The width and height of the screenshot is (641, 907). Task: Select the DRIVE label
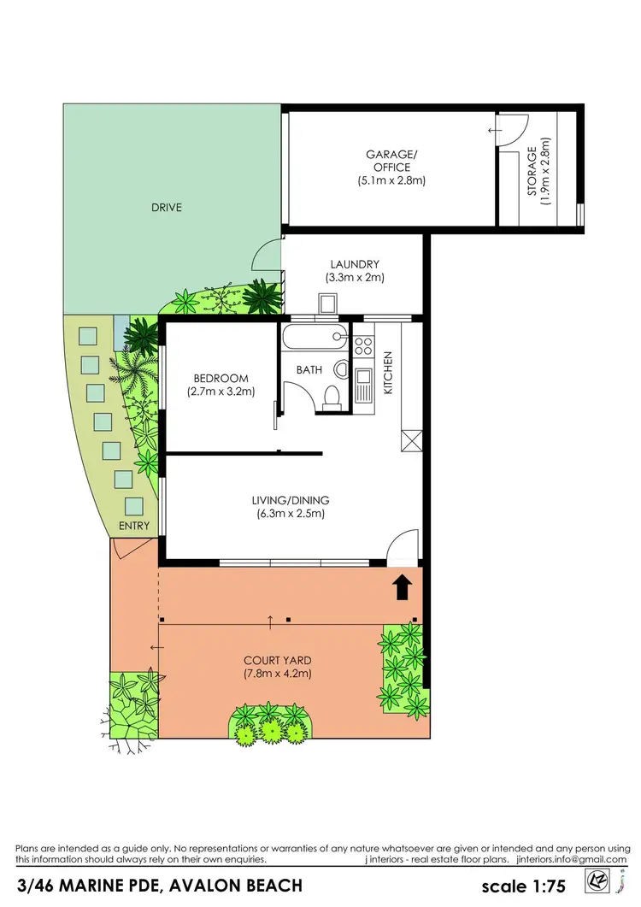pyautogui.click(x=167, y=207)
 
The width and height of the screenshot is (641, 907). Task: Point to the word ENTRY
pyautogui.click(x=135, y=526)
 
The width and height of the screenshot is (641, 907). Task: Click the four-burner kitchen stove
pyautogui.click(x=363, y=345)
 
